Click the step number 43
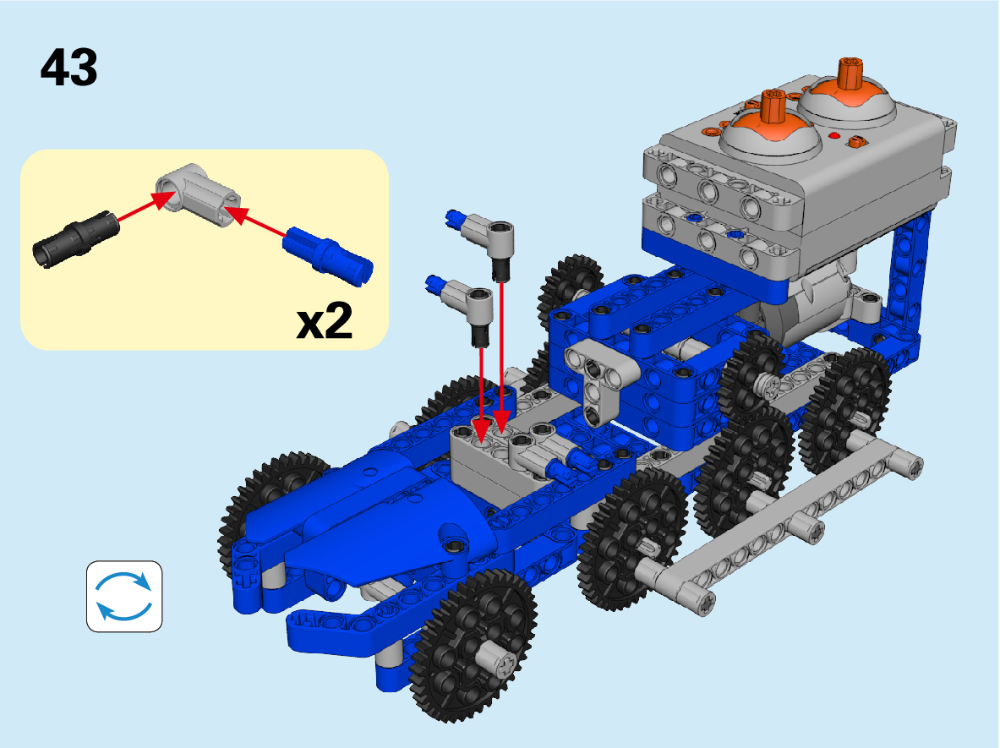(x=68, y=67)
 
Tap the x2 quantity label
(x=325, y=321)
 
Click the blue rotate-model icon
(x=124, y=596)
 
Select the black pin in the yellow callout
(x=75, y=239)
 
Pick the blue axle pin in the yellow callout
(x=327, y=254)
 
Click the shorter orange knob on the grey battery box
(x=773, y=106)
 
